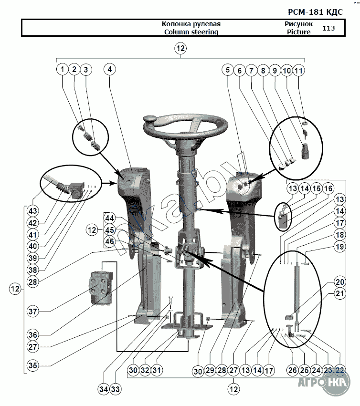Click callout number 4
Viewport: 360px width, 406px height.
click(x=110, y=69)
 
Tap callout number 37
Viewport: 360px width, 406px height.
click(x=33, y=311)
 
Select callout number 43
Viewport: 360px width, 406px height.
click(x=33, y=211)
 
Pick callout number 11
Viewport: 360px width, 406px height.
click(x=299, y=70)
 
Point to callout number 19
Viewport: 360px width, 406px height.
click(x=340, y=247)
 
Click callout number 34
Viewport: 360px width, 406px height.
click(x=104, y=389)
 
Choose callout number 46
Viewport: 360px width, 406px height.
click(x=110, y=241)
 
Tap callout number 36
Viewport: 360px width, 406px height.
click(x=33, y=335)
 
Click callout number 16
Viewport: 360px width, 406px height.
click(x=328, y=188)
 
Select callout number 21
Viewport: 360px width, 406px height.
click(x=340, y=293)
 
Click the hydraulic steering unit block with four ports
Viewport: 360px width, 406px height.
click(x=101, y=287)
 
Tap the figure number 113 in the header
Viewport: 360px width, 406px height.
click(x=328, y=28)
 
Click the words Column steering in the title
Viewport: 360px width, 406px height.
click(x=191, y=32)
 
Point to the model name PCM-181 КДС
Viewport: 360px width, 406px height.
click(x=316, y=12)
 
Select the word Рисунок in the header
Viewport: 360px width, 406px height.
click(x=298, y=24)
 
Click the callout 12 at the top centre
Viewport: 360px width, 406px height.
click(x=180, y=48)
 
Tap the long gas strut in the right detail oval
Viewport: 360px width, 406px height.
click(x=297, y=288)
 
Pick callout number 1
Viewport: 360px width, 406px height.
click(x=62, y=69)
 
